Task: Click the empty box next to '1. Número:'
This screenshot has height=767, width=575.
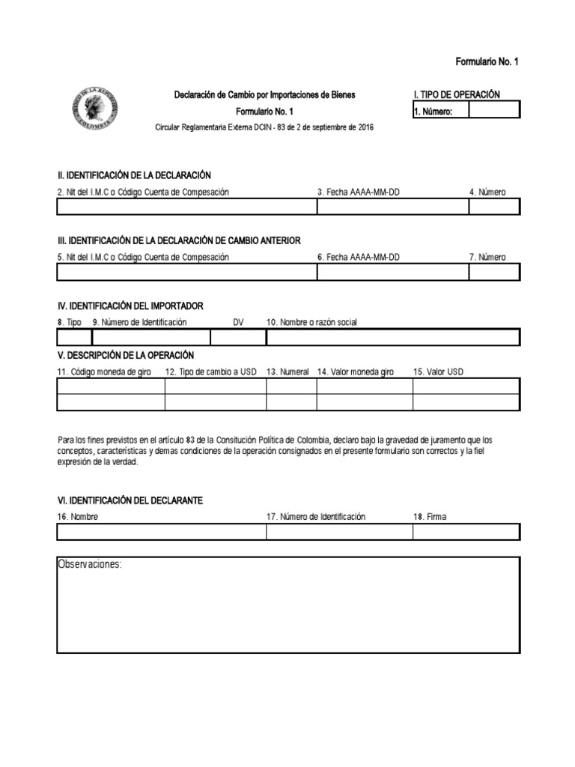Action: [493, 111]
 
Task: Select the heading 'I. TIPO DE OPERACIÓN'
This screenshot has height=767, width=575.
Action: [457, 94]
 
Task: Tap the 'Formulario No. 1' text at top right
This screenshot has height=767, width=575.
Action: [487, 61]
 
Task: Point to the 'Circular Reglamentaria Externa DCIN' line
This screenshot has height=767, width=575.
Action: [264, 127]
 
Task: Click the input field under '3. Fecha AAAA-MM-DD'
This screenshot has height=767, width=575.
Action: [392, 207]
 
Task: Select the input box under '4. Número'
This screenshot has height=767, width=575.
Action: [493, 207]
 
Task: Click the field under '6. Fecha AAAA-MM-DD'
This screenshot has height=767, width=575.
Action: [392, 272]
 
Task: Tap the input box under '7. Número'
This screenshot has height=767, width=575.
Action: [493, 272]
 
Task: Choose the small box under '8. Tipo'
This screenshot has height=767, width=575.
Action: [73, 337]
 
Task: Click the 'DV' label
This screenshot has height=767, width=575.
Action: [238, 322]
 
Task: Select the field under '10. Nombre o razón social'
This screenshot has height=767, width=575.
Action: [392, 337]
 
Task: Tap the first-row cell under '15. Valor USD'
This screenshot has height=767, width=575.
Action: [465, 386]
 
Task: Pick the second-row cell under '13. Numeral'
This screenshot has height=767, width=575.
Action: [291, 402]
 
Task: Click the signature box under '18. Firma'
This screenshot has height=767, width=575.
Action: [465, 532]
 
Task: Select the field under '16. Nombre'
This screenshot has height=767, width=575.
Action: [161, 532]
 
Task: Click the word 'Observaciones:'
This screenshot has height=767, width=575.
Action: [90, 564]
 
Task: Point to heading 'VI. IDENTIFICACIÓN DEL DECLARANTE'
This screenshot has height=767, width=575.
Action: [130, 500]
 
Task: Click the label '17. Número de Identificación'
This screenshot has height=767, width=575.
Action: [316, 517]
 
